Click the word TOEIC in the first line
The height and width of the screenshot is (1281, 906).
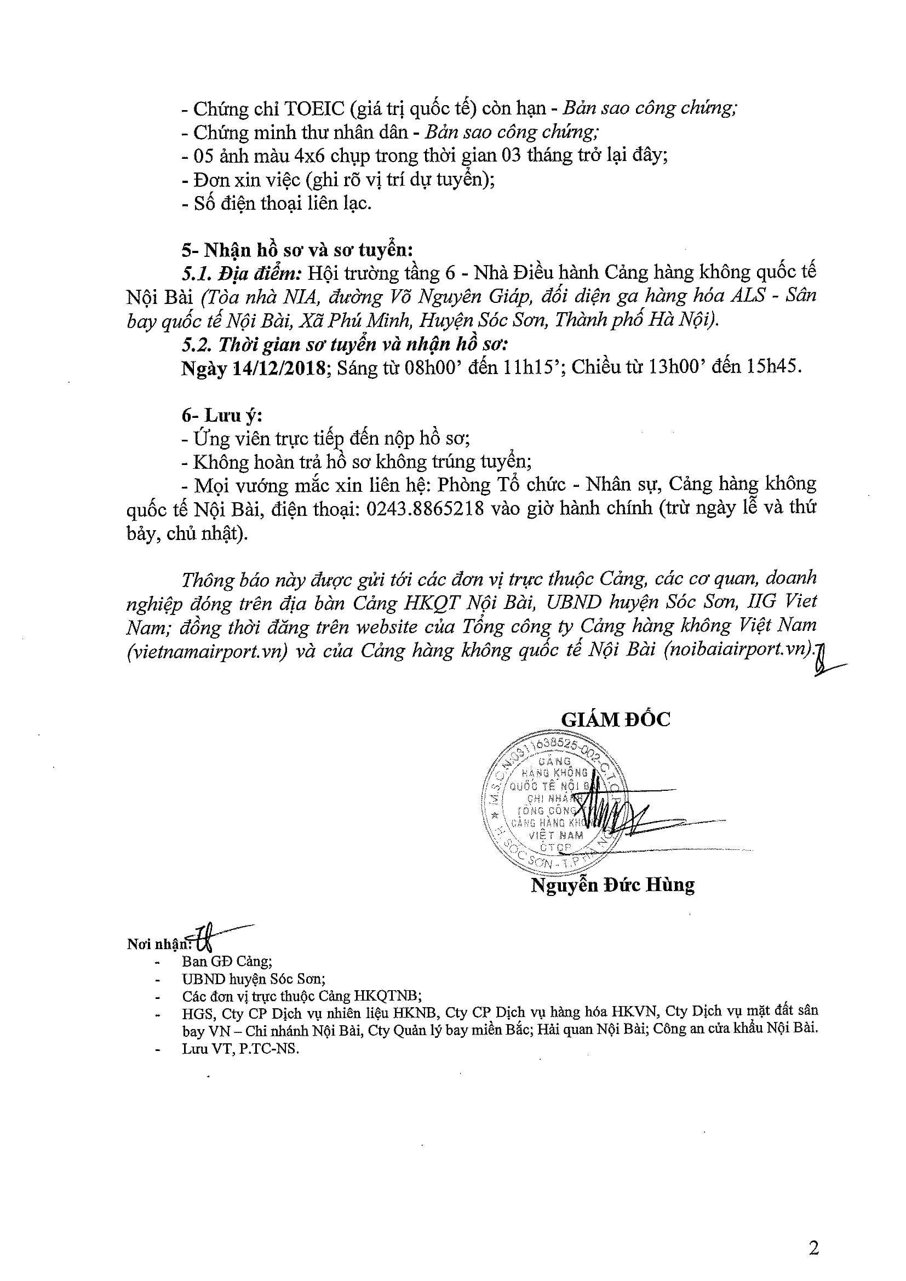[x=314, y=108]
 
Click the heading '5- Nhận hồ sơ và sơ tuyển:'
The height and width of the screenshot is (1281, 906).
[x=297, y=249]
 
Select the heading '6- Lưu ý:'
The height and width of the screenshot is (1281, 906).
[x=221, y=415]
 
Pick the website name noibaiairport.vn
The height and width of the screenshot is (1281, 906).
[x=738, y=651]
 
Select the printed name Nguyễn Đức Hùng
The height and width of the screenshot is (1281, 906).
[x=612, y=885]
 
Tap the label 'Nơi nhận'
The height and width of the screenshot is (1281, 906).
[x=158, y=944]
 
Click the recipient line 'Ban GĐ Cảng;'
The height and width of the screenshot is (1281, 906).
[x=227, y=961]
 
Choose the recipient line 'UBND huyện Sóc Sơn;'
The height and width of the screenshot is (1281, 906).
[x=253, y=979]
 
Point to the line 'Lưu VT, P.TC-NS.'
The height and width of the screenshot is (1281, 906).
[x=240, y=1048]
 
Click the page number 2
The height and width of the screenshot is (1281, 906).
[x=813, y=1248]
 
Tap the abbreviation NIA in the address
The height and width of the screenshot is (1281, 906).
[x=299, y=297]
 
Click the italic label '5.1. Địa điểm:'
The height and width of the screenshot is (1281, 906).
[x=242, y=273]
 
